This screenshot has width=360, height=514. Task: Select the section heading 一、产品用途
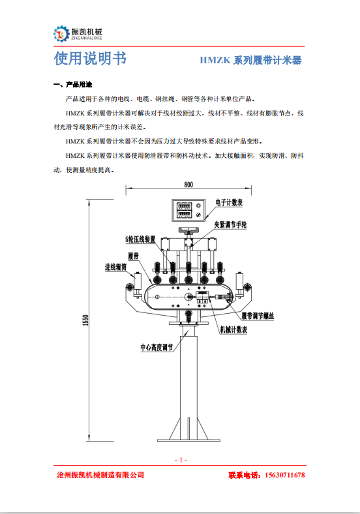[x=72, y=85]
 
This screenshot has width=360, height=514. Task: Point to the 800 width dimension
[x=188, y=185]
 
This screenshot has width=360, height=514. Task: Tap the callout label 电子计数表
[x=229, y=203]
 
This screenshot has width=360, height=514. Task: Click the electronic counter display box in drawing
[x=187, y=210]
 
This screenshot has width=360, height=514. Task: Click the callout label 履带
[x=135, y=255]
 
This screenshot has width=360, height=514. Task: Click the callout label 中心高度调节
[x=157, y=346]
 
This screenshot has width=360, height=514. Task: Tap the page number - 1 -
[x=181, y=460]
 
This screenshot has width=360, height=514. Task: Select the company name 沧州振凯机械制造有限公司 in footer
[x=100, y=476]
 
